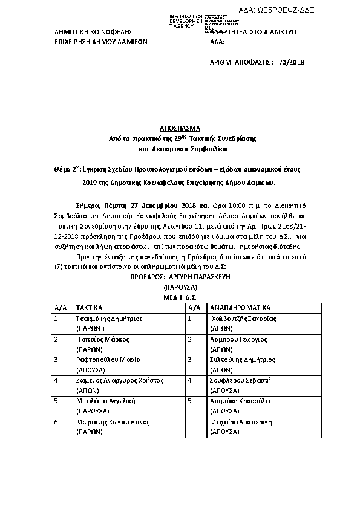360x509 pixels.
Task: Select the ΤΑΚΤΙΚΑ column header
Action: pyautogui.click(x=90, y=307)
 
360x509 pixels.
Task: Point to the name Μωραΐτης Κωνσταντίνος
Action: pyautogui.click(x=113, y=421)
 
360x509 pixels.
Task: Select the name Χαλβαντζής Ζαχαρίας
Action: pyautogui.click(x=243, y=318)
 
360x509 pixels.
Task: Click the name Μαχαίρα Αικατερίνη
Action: pyautogui.click(x=241, y=421)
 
